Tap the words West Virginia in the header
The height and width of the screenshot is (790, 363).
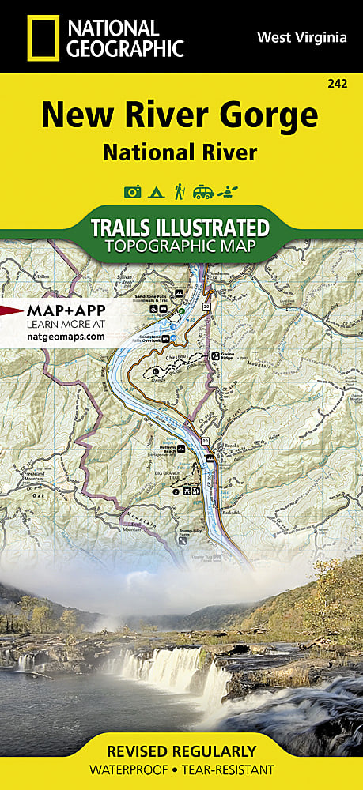click(301, 36)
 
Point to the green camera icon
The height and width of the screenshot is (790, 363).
click(132, 191)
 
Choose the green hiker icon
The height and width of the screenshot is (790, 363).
click(180, 191)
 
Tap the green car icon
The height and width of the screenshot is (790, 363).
click(203, 191)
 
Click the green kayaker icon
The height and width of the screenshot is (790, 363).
click(229, 191)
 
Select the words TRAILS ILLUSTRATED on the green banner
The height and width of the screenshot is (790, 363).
click(180, 228)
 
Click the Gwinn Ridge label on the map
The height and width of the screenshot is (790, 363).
click(227, 358)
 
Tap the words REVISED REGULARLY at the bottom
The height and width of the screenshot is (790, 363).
click(181, 751)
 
